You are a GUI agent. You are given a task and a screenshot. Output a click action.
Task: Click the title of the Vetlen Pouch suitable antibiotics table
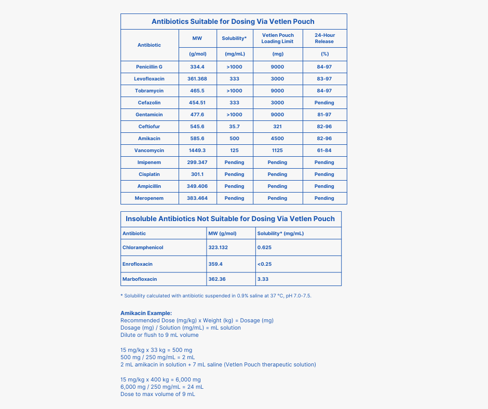(x=233, y=21)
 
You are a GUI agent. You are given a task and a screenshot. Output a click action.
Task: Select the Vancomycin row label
(x=149, y=151)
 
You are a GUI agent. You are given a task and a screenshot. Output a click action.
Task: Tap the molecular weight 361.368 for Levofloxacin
(x=197, y=79)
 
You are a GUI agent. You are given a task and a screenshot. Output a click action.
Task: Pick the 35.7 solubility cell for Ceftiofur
(x=234, y=127)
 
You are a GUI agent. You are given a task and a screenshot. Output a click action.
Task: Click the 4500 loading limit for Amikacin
(x=277, y=139)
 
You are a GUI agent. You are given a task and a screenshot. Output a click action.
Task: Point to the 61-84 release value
(x=324, y=151)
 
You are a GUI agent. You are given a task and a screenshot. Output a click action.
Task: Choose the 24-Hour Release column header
(x=324, y=38)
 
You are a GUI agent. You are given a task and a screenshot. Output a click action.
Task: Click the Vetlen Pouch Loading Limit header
(x=277, y=38)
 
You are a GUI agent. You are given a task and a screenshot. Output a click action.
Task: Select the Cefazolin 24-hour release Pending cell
(x=324, y=103)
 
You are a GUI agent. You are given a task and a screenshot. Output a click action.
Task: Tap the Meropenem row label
(x=149, y=198)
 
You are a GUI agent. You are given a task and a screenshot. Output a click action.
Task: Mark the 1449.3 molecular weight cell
(x=197, y=151)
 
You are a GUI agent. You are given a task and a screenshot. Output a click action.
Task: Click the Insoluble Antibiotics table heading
(x=230, y=219)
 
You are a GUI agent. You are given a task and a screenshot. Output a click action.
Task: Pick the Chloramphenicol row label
(x=143, y=248)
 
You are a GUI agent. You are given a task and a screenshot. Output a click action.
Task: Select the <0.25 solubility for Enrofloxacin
(x=265, y=264)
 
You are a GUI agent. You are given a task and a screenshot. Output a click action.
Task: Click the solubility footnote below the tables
(x=215, y=296)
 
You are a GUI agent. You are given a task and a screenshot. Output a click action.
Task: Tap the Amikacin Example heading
(x=146, y=313)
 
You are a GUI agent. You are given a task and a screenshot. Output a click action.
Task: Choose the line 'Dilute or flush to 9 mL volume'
(x=159, y=335)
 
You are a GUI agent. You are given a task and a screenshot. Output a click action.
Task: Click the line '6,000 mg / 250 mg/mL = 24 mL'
(x=162, y=387)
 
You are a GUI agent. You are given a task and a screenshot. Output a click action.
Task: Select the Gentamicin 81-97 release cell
(x=324, y=115)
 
